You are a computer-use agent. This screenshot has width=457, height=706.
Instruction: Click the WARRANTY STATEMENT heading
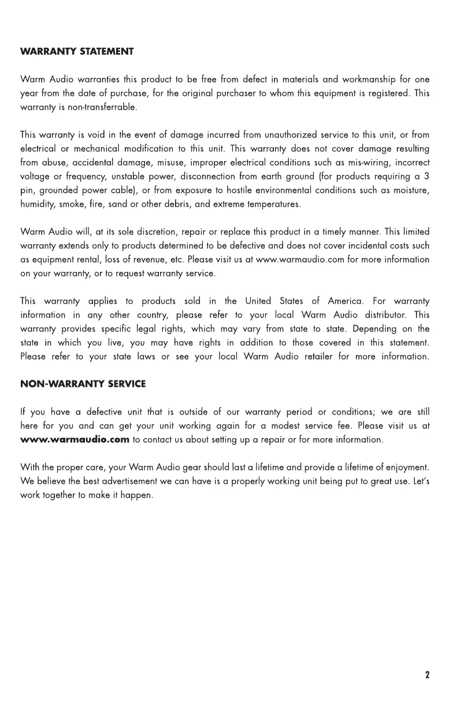(x=77, y=52)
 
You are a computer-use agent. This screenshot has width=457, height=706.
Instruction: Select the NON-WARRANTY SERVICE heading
(x=83, y=384)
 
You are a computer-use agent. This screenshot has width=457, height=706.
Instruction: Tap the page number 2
(x=428, y=675)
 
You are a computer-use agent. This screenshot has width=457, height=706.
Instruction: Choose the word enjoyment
(x=407, y=468)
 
